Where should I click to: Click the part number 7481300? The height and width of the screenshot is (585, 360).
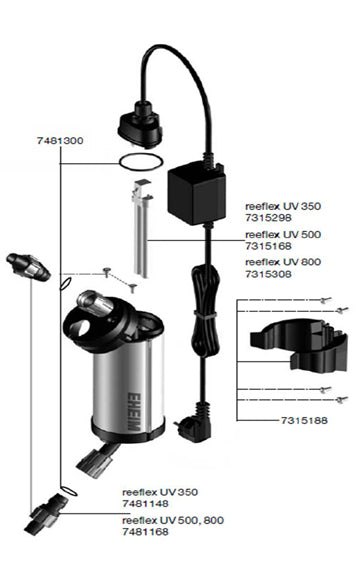coord(60,141)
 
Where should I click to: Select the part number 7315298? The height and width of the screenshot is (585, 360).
coord(268,218)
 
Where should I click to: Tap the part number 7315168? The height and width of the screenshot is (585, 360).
coord(268,246)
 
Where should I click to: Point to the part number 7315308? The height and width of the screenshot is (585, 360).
coord(268,274)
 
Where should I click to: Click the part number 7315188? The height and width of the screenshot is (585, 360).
coord(304,420)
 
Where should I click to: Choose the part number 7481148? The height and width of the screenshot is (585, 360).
coord(145,503)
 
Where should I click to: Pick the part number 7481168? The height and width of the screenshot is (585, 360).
coord(145,532)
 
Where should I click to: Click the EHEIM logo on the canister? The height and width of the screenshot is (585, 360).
coord(134,412)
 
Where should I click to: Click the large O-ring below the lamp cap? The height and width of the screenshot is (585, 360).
coord(141,162)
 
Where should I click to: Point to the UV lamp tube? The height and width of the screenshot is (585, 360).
coord(141,229)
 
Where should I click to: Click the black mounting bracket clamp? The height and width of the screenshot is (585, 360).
coord(300,345)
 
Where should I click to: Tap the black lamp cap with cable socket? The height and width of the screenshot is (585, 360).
coord(141,124)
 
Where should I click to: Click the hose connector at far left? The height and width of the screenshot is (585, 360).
coord(28,267)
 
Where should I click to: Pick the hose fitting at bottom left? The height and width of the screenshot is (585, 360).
coord(46,514)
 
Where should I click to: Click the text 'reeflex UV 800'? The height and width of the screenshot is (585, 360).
coord(283,262)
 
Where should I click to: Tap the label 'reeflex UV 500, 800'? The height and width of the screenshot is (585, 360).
coord(173,520)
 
